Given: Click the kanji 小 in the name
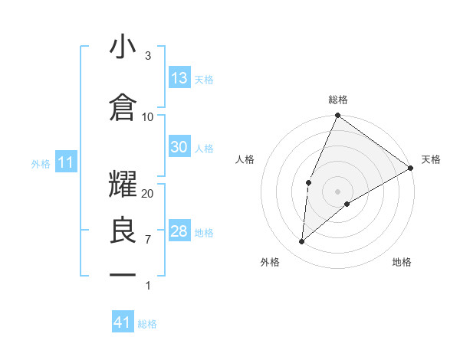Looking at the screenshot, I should coord(123,47).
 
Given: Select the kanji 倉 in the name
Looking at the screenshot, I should coord(123,108).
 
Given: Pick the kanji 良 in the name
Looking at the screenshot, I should coord(123,231).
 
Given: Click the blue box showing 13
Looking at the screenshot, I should coord(179,78).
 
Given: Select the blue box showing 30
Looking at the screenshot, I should coord(179,147).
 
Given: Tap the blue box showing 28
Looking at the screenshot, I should coord(179,232).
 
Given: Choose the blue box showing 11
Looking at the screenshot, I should coord(66,162).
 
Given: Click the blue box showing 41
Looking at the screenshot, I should coord(123,322).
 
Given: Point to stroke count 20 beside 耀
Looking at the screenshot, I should coord(148,194).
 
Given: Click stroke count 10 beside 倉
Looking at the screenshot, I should coord(148,117).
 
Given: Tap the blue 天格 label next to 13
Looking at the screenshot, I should coord(203,79).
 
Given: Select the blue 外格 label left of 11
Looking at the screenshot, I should coord(41,163).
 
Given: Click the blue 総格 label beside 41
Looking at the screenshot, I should coord(147,324).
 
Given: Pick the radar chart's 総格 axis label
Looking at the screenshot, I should coord(338,100).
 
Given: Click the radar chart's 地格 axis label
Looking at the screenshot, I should coord(402,262).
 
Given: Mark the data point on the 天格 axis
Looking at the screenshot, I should coord(411,168).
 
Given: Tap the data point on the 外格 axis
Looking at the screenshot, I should coord(302,241).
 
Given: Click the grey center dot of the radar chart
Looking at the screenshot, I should coord(338,191).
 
